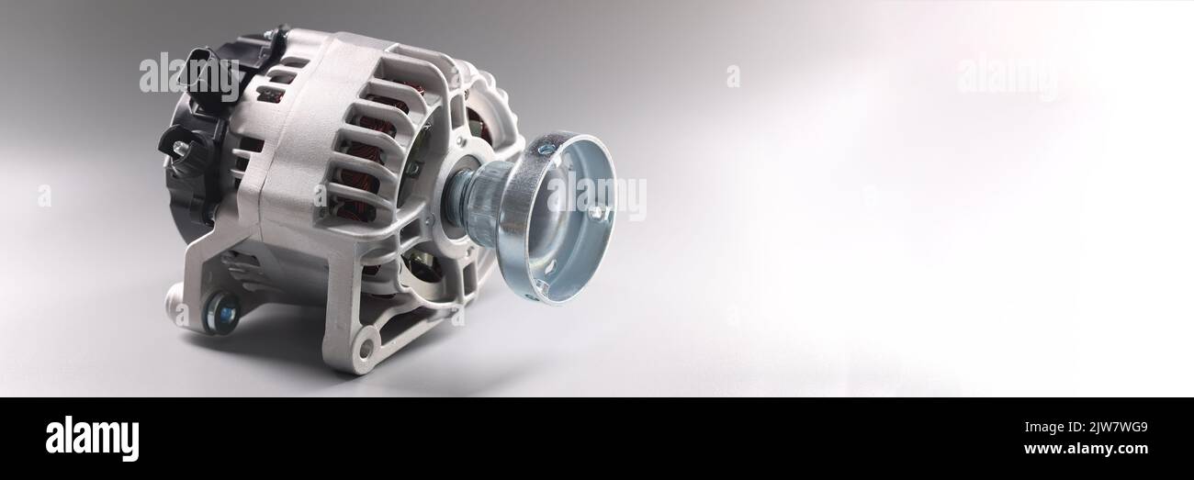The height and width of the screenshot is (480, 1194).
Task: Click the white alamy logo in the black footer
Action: (92, 439)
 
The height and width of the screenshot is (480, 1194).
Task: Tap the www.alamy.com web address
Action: (1087, 449)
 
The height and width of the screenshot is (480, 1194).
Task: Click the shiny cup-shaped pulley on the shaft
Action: (560, 217)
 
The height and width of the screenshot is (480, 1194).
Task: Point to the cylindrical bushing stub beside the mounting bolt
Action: (174, 297)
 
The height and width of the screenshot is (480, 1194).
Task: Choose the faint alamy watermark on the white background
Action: (1007, 76)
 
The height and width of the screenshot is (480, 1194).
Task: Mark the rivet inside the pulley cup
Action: (595, 213)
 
